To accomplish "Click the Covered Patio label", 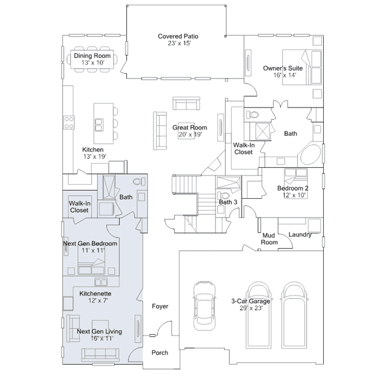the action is [178, 36].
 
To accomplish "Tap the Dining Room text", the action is [92, 56].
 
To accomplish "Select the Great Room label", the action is [190, 127].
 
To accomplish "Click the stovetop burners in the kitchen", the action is [69, 123].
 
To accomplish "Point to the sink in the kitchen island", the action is [100, 125].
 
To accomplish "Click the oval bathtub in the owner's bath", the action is [310, 155].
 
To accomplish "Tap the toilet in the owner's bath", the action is [252, 115].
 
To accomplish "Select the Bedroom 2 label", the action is [293, 188].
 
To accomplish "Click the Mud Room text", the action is [269, 239].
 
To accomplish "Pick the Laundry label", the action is [300, 234].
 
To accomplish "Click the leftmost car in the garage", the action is [204, 306].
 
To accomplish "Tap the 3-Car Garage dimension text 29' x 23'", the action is [251, 308].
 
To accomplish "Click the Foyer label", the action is [160, 306].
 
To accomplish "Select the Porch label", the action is [159, 353].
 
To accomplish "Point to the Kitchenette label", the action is [95, 294].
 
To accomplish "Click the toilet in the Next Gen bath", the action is [139, 182].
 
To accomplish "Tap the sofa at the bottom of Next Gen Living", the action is [100, 355].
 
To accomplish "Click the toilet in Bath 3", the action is [224, 196].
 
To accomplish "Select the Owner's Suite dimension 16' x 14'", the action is [285, 75].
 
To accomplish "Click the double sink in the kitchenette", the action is [101, 282].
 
